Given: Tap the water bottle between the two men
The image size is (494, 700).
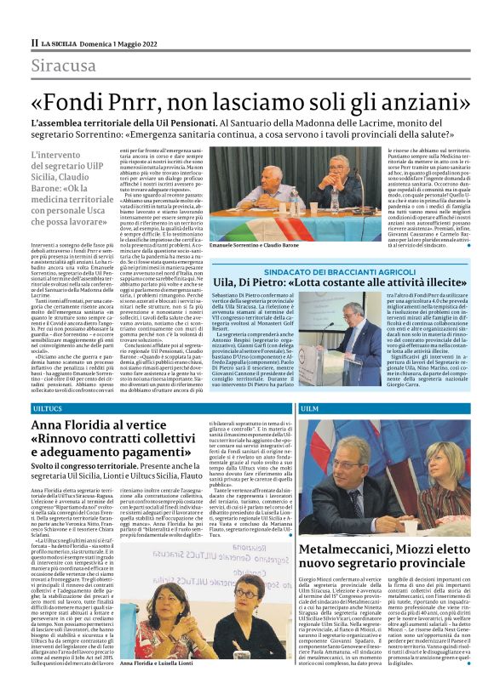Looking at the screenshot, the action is (x=276, y=202).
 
